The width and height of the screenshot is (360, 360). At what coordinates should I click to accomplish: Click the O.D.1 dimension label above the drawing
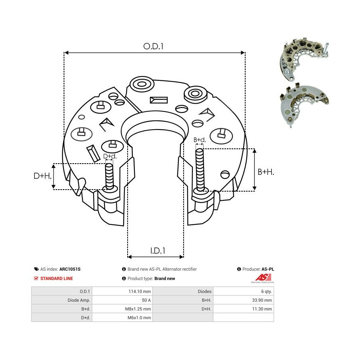154,46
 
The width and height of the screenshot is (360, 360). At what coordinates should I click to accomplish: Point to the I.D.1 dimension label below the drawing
158,251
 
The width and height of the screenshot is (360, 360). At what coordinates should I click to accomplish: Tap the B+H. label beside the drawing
266,172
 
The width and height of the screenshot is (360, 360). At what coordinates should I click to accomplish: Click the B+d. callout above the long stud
200,140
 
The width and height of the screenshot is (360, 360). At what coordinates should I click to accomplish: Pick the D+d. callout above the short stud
109,156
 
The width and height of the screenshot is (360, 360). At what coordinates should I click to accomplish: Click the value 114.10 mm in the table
142,291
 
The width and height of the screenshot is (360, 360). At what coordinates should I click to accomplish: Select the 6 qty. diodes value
264,291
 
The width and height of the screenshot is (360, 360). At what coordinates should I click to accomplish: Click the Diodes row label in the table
204,291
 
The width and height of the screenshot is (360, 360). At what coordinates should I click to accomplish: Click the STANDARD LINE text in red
56,278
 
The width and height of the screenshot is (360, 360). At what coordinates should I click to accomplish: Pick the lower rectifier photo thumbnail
304,104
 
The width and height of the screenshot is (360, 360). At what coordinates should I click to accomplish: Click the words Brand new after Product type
165,278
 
